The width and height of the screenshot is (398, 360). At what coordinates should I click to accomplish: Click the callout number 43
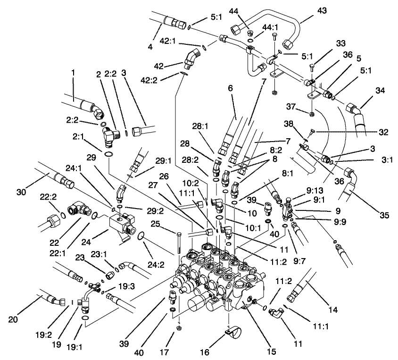(x=309, y=10)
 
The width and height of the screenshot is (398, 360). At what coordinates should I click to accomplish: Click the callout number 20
(x=13, y=319)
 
